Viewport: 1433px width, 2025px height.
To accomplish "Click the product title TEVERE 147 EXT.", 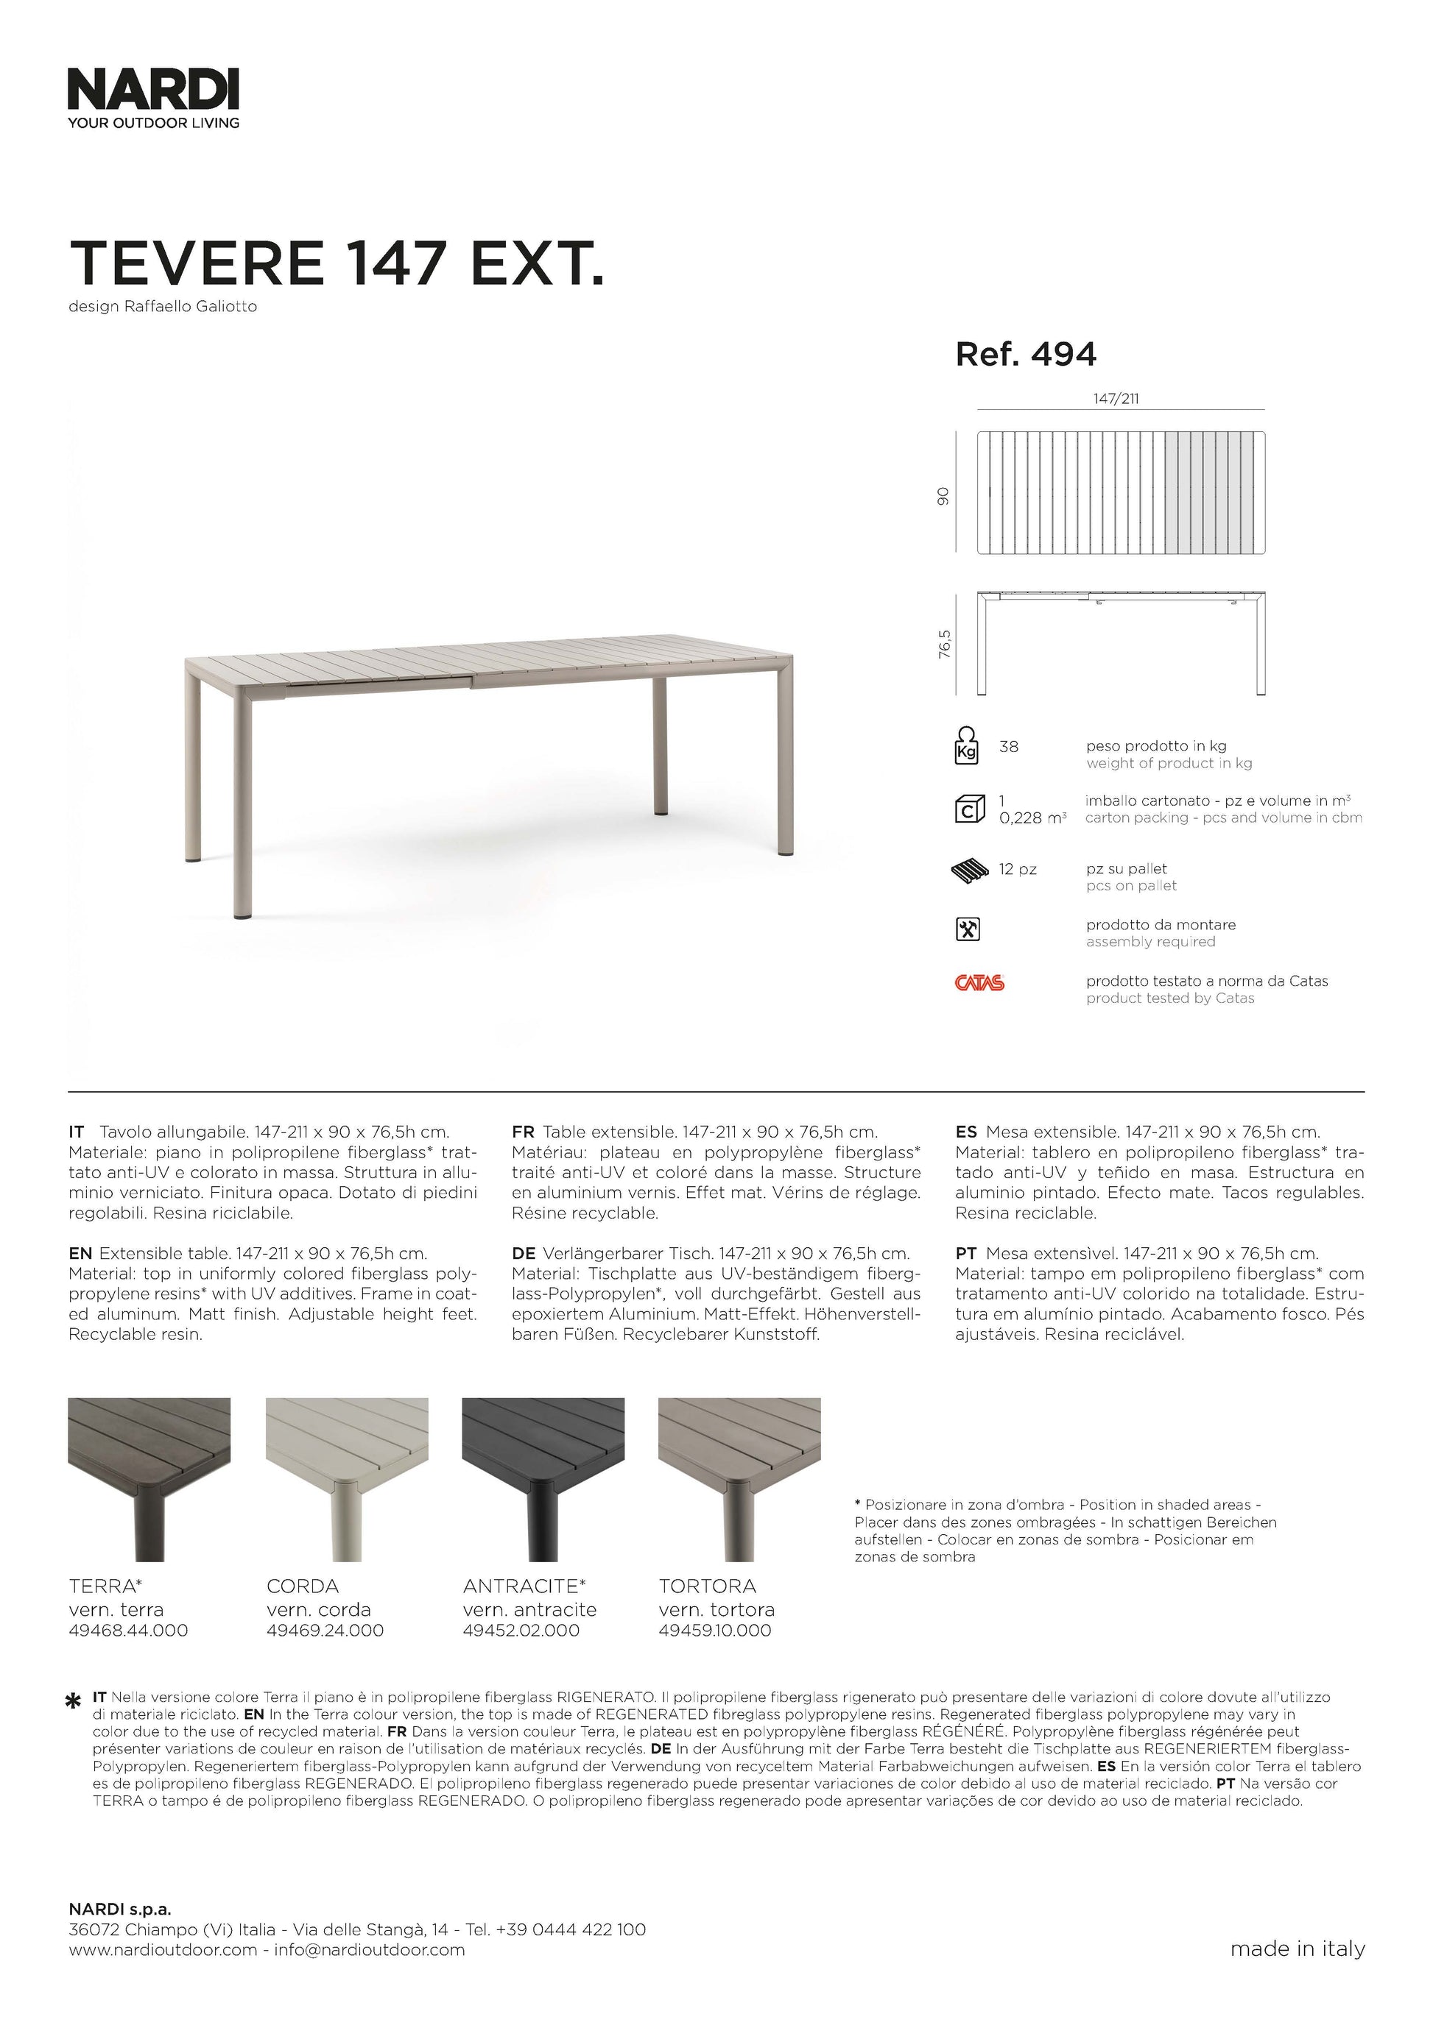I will [337, 263].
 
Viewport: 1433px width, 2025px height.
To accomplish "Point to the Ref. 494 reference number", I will [1025, 355].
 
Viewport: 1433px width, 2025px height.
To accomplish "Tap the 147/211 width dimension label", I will [1116, 399].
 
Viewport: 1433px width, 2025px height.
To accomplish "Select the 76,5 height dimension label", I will [945, 644].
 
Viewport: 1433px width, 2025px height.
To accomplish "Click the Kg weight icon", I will [967, 745].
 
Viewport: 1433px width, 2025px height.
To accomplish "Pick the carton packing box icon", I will [969, 809].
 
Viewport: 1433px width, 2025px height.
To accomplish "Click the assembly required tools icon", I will [968, 929].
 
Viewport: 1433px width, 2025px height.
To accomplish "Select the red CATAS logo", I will [979, 982].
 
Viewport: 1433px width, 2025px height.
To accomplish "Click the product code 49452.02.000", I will [521, 1631].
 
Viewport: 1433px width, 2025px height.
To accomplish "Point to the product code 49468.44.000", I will [128, 1631].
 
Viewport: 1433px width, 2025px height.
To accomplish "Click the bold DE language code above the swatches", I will [524, 1253].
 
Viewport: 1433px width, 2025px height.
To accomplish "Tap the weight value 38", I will [1009, 747].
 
